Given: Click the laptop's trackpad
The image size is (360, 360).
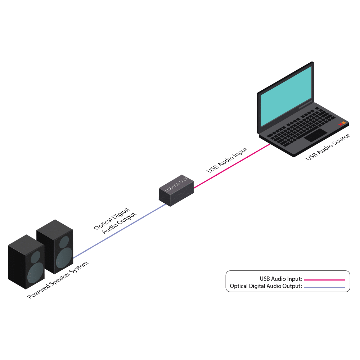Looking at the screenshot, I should point(316,135).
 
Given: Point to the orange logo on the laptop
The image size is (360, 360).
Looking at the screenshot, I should point(342,124).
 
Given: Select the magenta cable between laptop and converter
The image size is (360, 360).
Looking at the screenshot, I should point(232,166).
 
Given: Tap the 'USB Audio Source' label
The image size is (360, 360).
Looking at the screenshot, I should point(328,147).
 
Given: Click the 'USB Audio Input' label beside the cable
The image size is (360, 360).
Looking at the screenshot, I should point(228,160).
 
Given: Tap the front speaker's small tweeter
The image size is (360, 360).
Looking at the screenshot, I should point(35,257).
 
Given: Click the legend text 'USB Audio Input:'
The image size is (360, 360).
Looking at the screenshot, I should point(281,279).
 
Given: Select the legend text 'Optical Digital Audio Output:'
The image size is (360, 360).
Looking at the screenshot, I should point(266,287).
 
